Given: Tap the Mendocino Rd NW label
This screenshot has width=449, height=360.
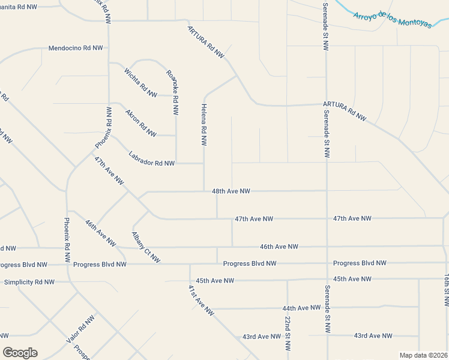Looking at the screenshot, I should tap(76, 47).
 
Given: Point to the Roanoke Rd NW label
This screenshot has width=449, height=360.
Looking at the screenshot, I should tap(173, 92).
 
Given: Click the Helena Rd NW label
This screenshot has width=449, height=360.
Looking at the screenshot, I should tap(203, 124).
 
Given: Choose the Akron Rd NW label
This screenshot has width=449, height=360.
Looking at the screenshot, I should tap(140, 122).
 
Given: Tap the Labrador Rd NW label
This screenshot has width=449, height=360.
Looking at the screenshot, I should tap(151, 158).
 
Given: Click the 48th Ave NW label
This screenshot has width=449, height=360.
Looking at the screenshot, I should tap(231, 191).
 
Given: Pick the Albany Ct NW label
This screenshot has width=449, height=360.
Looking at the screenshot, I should tap(146, 247).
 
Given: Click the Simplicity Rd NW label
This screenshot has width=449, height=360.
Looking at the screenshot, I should tap(29, 282).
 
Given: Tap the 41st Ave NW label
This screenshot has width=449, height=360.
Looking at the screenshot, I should tap(200, 300).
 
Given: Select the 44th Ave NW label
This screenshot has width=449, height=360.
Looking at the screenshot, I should tap(301, 308).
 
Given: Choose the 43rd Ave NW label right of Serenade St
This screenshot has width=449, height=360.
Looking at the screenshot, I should tap(373, 335).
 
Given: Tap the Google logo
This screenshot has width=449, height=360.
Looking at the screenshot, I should tap(20, 353).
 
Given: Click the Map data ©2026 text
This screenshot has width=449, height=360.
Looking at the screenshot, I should tap(423, 355).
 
